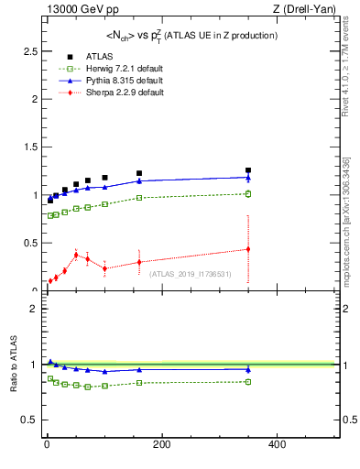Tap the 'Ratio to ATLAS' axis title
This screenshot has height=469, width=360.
click(x=13, y=365)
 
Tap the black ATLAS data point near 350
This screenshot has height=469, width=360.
click(x=247, y=170)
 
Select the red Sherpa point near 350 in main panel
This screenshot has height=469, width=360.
click(x=247, y=249)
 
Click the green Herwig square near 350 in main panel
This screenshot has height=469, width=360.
click(x=247, y=193)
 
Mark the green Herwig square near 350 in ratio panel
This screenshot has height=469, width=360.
click(x=247, y=381)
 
